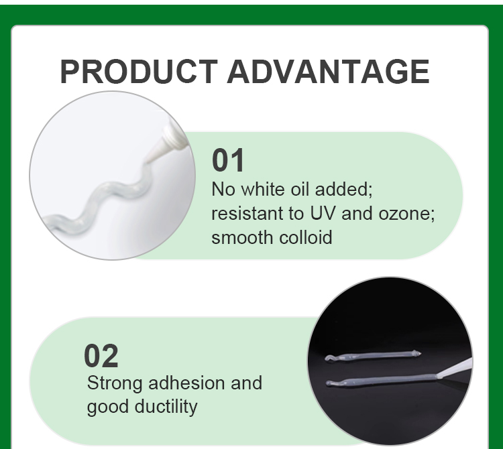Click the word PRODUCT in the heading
click(138, 72)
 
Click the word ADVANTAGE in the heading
click(328, 72)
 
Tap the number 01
click(229, 162)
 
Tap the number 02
click(101, 357)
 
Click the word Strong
click(115, 383)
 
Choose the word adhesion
click(187, 383)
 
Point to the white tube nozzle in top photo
click(164, 141)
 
